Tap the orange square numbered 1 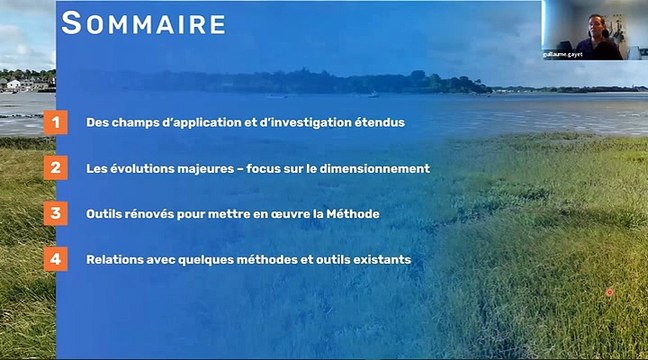56,123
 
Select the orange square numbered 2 56,168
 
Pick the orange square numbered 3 56,213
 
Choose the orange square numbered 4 56,258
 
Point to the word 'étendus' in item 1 379,123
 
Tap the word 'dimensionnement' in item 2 380,169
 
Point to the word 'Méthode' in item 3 353,214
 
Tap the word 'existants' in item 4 380,260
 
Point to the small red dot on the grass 609,292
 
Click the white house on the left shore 13,85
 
